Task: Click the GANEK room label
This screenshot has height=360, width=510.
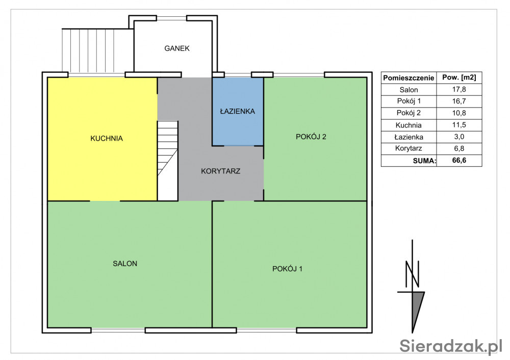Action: point(177,48)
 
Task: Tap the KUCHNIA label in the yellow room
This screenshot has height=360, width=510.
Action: point(107,139)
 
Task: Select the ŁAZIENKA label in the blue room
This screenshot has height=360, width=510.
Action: point(238,111)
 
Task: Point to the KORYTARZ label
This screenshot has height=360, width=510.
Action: point(220,171)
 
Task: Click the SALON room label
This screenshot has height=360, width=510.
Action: point(125,264)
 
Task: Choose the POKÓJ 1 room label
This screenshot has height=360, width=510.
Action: point(287,269)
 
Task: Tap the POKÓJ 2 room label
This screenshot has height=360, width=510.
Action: point(311,137)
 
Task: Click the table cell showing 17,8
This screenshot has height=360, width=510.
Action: point(459,89)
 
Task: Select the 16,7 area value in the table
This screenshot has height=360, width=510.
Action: point(459,101)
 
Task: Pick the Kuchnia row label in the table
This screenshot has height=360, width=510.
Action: point(409,125)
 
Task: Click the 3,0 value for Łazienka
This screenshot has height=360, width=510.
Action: point(459,137)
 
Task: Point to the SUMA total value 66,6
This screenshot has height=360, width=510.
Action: point(459,160)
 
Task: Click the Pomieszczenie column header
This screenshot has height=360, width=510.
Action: point(409,78)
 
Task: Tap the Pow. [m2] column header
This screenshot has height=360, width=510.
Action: point(459,78)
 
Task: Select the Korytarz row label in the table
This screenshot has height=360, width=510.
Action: point(409,148)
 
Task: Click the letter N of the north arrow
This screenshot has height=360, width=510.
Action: point(412,274)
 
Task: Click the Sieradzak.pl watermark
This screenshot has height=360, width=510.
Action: point(451,346)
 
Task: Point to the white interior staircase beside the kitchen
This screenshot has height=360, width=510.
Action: point(167,161)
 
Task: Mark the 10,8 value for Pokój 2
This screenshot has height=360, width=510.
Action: point(459,113)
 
